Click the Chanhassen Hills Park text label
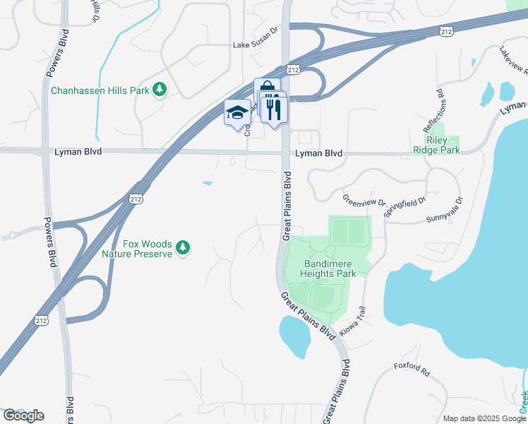click(x=100, y=91)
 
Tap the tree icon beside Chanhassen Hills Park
click(x=160, y=89)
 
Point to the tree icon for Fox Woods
click(x=184, y=247)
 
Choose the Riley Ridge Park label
click(x=436, y=144)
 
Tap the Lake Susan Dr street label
click(x=256, y=45)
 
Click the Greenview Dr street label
click(x=364, y=201)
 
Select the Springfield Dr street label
click(x=404, y=206)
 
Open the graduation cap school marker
click(x=237, y=112)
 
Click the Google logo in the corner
click(x=23, y=416)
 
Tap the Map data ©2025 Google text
click(x=485, y=418)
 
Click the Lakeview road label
click(x=513, y=61)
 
